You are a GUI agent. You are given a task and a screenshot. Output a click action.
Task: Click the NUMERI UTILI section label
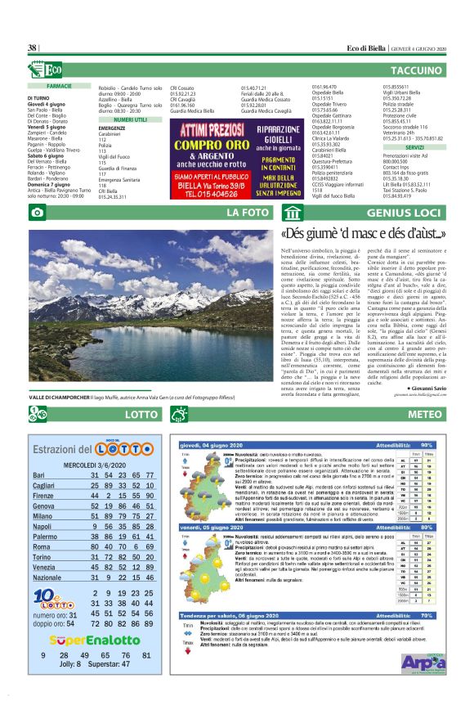pyautogui.click(x=130, y=119)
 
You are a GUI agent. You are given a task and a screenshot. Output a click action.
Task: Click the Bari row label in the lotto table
pyautogui.click(x=38, y=475)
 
